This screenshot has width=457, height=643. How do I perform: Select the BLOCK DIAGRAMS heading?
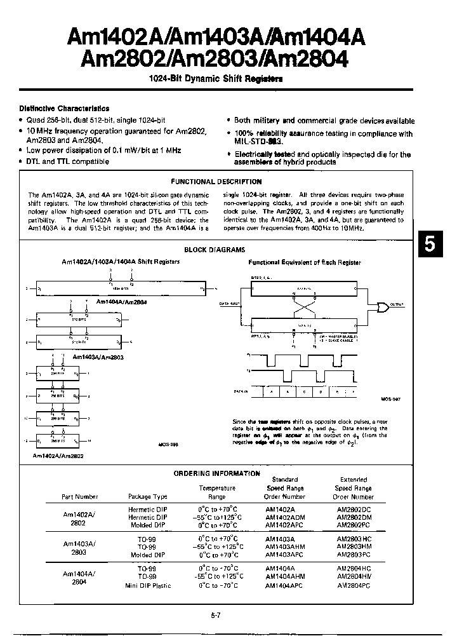pos(214,250)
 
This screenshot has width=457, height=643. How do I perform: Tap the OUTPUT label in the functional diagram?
pos(397,305)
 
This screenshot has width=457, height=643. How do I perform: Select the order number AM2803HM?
pos(354,545)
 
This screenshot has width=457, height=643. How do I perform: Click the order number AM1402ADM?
pos(285,517)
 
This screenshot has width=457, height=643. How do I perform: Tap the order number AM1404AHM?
pos(285,576)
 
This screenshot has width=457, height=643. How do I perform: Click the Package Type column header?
pos(147,497)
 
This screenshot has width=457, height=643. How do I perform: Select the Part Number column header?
pos(80,497)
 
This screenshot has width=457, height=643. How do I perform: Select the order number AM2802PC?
pos(353,525)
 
